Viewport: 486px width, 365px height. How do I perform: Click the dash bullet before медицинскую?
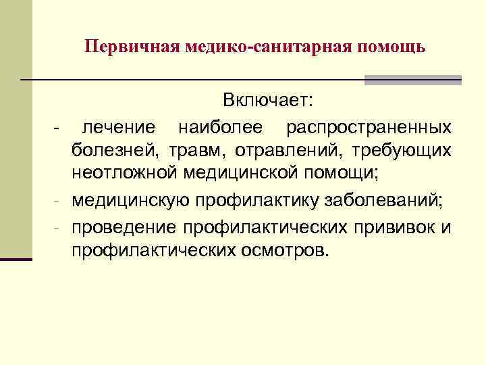[59, 201]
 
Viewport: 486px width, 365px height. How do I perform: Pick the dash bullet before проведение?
[59, 226]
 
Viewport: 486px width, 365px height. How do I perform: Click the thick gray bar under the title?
[413, 80]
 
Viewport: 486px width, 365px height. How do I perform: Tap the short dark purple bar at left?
[16, 258]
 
